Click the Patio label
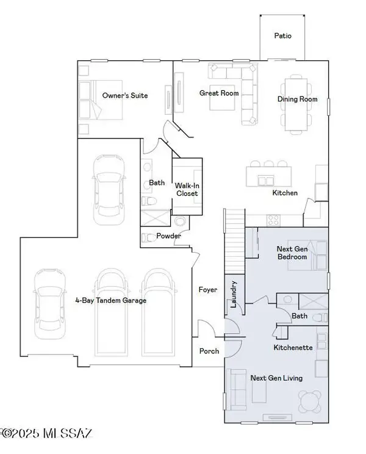pyautogui.click(x=282, y=35)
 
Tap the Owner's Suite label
pyautogui.click(x=125, y=96)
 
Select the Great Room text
pyautogui.click(x=219, y=93)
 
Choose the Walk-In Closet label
pyautogui.click(x=187, y=189)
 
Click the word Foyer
pyautogui.click(x=208, y=290)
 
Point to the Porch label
pyautogui.click(x=209, y=351)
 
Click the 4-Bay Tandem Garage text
pyautogui.click(x=110, y=300)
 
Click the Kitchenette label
pyautogui.click(x=293, y=347)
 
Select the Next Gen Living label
pyautogui.click(x=276, y=378)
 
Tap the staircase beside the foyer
pyautogui.click(x=235, y=241)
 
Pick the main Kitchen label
pyautogui.click(x=284, y=193)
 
